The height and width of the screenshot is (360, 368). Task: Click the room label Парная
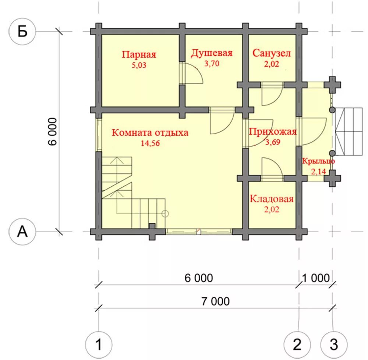point(139,55)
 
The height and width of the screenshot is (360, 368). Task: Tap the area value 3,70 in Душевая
point(212,63)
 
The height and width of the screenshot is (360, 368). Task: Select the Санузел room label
point(272,53)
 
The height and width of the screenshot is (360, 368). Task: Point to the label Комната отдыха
point(150,133)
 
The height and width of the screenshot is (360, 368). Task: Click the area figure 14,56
point(150,143)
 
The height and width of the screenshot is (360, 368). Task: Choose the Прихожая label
point(273,132)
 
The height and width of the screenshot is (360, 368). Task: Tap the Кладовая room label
point(272,199)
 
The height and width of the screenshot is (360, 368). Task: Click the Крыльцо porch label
point(318,161)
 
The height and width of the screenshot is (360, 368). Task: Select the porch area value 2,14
point(318,172)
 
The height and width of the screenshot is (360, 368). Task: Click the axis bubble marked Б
point(22,31)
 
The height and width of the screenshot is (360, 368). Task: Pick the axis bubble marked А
point(22,232)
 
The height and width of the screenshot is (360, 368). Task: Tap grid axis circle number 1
point(99,345)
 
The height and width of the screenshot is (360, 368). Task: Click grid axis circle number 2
point(297,345)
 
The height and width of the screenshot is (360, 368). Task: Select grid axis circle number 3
point(334,345)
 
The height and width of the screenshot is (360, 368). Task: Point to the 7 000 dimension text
point(215,301)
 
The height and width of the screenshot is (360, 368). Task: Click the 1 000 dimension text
point(316,278)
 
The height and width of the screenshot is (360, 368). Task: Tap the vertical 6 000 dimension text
point(53,132)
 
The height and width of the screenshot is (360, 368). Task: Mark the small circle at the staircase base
point(165,213)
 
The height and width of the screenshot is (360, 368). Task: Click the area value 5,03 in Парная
point(139,65)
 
